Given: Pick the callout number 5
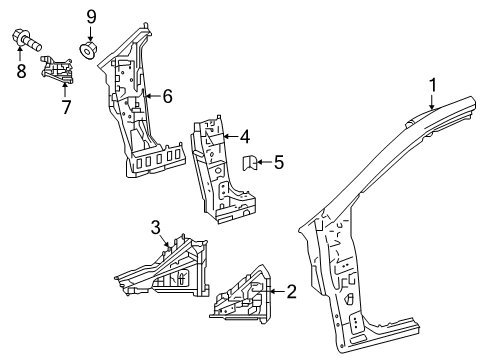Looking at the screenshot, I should (x=279, y=160).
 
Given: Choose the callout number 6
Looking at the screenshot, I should (x=167, y=96).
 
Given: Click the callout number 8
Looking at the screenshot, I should (x=21, y=71).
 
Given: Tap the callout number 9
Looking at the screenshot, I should (x=90, y=15).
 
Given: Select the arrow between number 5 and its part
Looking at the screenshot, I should (x=267, y=160).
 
